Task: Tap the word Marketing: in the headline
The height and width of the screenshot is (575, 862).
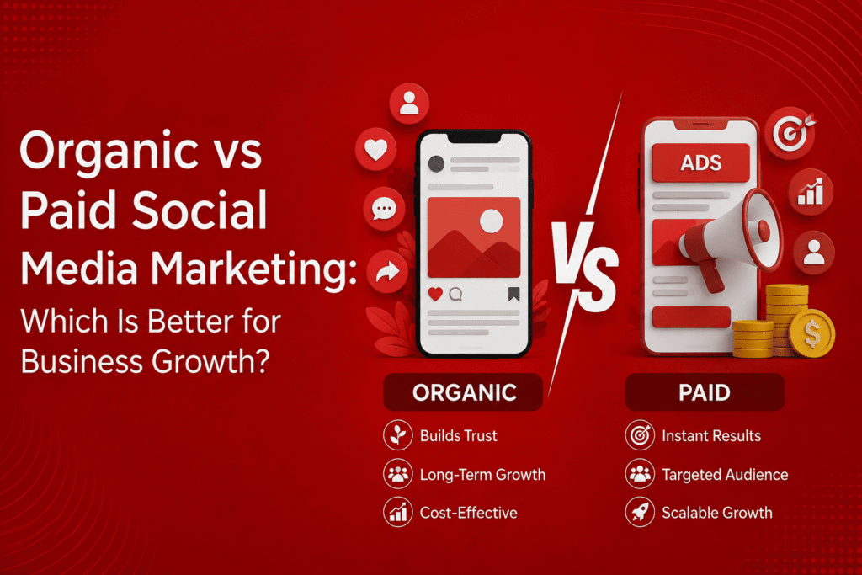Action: pos(253,269)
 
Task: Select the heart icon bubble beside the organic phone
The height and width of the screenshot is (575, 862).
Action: pos(376,150)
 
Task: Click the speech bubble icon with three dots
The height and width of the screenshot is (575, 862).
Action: pos(384,209)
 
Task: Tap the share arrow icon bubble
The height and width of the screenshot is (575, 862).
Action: pos(387,272)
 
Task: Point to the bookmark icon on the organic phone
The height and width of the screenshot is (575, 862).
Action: pos(514,294)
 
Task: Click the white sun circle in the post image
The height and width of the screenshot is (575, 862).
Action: pos(491,221)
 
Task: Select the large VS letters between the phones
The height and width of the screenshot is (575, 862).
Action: pos(585,266)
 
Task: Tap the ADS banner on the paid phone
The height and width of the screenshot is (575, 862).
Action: pos(701,162)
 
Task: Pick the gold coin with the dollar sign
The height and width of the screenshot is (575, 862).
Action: pos(812,333)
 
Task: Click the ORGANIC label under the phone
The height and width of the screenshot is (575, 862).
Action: pos(464,392)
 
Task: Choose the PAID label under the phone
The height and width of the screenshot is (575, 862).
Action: pos(705,392)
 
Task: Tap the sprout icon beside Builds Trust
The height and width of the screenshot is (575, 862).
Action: pos(398,435)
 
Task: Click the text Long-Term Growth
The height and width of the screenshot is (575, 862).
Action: pos(482,475)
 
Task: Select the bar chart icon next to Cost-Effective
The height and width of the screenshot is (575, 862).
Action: pos(398,513)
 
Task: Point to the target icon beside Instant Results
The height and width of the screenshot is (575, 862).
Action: pos(640,435)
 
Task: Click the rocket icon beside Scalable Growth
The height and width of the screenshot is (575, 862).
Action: pos(640,513)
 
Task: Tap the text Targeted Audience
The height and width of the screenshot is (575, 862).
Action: pos(725,475)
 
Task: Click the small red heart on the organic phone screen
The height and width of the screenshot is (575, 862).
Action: pos(435,294)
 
